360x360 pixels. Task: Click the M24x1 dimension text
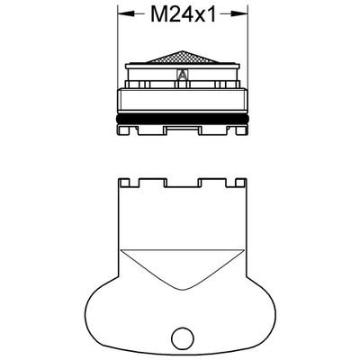pos(183,14)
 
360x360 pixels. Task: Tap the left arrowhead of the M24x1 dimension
pos(126,13)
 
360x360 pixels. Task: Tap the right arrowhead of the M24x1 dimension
pos(239,13)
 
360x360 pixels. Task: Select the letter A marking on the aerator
pos(181,74)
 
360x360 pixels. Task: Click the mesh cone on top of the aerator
pos(182,57)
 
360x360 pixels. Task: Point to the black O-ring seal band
pos(183,119)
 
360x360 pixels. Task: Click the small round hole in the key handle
pos(183,336)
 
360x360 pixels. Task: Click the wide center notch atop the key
pos(182,183)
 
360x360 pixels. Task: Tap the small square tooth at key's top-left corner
pos(124,182)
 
